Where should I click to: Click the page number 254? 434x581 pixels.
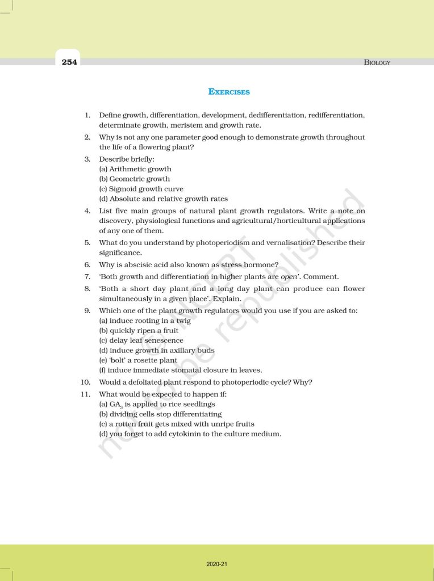[69, 62]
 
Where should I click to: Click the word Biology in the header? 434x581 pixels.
[377, 62]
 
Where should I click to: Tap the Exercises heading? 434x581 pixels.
[229, 91]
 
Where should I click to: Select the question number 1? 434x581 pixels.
[87, 115]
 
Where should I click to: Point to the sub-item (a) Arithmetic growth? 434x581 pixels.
[135, 169]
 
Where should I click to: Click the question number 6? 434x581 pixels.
[87, 264]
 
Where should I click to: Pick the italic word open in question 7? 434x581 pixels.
[289, 276]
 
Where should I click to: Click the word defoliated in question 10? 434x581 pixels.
[147, 382]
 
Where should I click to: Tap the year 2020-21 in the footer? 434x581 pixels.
[217, 564]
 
